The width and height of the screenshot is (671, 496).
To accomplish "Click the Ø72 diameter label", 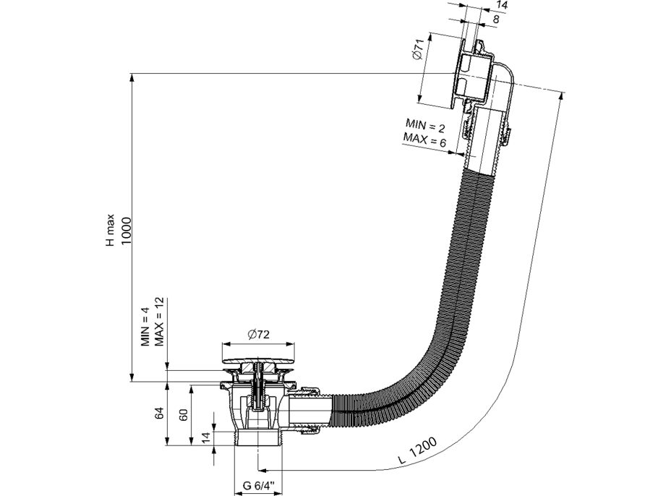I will pyautogui.click(x=258, y=334).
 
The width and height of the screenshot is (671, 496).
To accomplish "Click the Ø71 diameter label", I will pyautogui.click(x=418, y=53).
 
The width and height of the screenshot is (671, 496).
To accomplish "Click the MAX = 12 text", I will pyautogui.click(x=160, y=321).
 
